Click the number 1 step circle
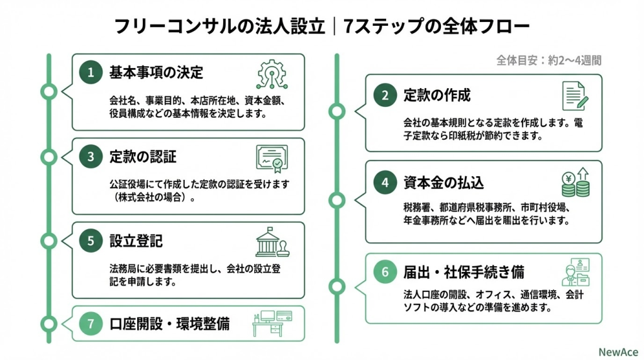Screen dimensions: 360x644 click(91, 72)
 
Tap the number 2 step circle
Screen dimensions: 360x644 click(384, 96)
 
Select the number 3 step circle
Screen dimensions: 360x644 click(91, 157)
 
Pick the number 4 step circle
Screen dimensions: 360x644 click(384, 183)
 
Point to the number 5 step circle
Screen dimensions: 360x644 click(91, 240)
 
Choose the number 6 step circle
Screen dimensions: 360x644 click(384, 273)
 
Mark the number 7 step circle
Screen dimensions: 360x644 click(91, 324)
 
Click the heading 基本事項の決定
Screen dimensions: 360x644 click(156, 72)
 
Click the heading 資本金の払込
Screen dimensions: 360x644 click(443, 183)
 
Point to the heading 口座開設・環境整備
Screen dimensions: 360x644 click(169, 324)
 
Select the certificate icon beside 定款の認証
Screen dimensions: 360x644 click(272, 158)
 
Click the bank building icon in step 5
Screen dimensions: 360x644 click(272, 242)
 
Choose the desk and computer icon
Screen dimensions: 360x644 click(271, 322)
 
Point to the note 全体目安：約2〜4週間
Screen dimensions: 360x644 click(548, 61)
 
